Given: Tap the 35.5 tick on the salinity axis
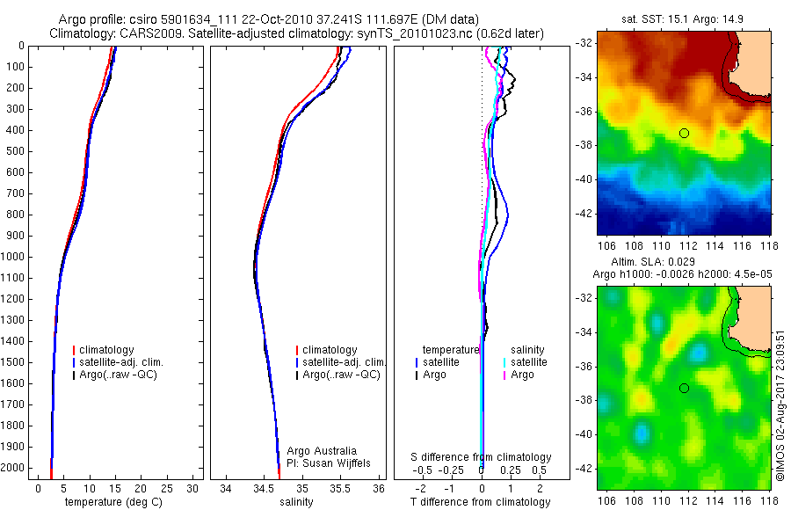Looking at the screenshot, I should [340, 488].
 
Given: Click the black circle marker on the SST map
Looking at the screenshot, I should [684, 133].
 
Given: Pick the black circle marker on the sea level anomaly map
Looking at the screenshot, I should [684, 388].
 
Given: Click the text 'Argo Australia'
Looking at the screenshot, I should [323, 451].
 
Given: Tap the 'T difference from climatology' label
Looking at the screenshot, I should [482, 502].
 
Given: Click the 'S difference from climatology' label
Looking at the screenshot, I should [482, 457].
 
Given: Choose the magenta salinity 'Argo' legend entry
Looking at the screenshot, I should [522, 375].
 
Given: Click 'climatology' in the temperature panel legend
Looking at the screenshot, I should [110, 350].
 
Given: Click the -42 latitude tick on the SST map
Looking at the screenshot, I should [585, 214].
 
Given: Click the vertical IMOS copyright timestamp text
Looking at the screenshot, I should [780, 404].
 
